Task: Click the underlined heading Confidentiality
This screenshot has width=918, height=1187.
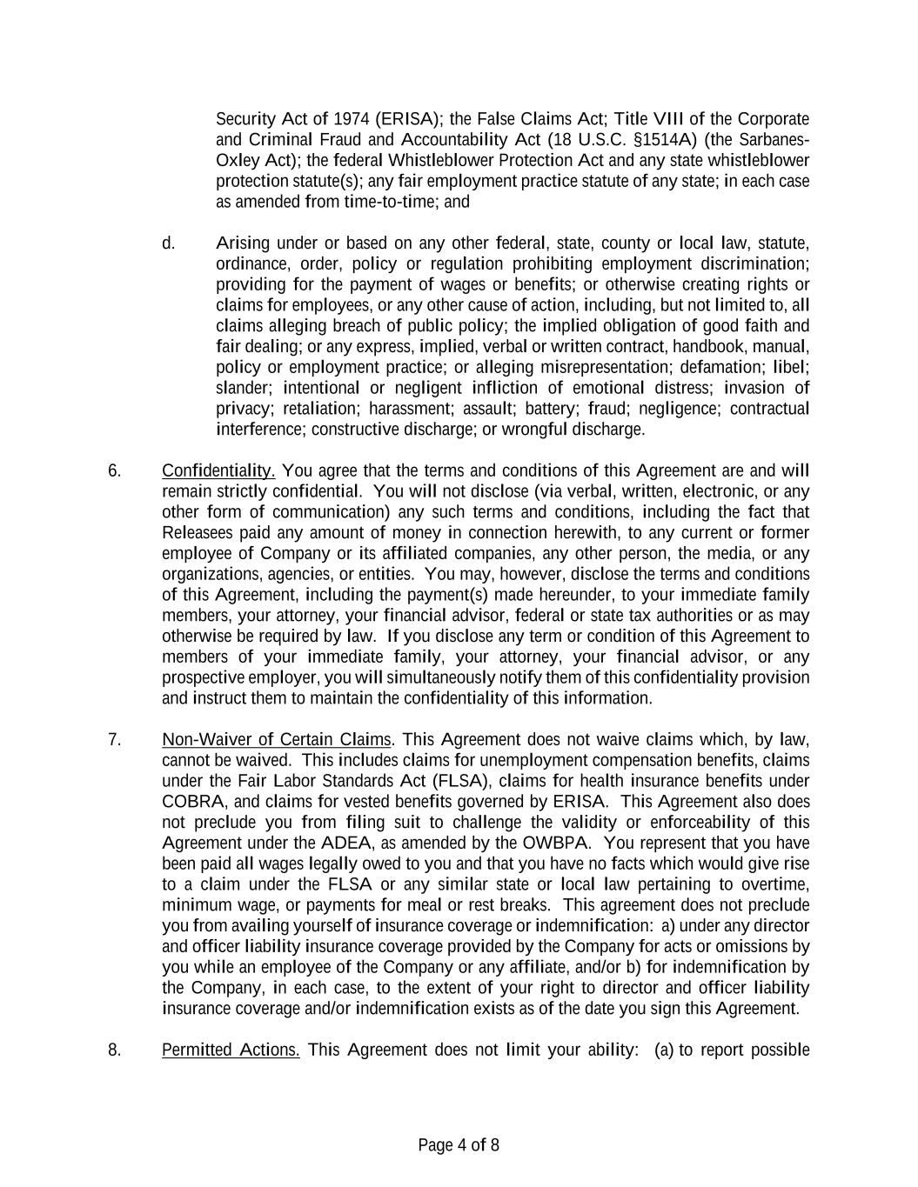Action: point(218,471)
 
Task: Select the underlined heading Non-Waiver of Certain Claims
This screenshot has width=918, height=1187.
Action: point(277,740)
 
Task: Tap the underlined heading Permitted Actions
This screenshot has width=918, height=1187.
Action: point(231,1050)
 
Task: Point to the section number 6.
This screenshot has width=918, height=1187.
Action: point(114,471)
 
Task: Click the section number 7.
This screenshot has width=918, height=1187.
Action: point(114,740)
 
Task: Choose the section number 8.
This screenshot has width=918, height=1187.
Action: point(114,1050)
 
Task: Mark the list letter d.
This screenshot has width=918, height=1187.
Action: point(168,243)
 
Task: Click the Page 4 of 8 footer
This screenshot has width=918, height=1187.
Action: point(459,1145)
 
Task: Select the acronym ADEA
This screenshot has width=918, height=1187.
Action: point(345,844)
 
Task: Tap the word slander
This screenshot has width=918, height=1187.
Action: point(243,389)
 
